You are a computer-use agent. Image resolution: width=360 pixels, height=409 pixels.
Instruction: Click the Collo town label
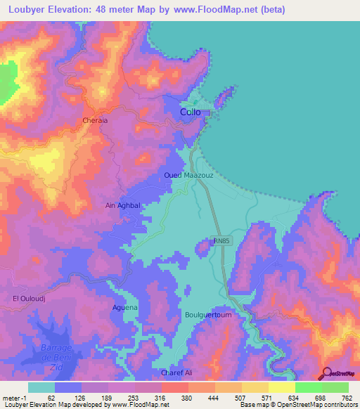[x=191, y=112]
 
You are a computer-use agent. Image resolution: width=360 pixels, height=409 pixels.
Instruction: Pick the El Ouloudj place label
[x=30, y=299]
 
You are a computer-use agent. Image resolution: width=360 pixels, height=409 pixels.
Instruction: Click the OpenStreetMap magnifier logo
[x=326, y=373]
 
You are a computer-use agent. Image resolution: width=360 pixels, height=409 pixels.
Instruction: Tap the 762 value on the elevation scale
[x=347, y=398]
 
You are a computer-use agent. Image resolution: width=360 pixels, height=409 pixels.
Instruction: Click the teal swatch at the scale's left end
[x=41, y=387]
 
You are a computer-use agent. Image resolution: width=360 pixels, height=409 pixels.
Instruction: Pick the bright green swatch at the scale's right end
[x=335, y=387]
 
